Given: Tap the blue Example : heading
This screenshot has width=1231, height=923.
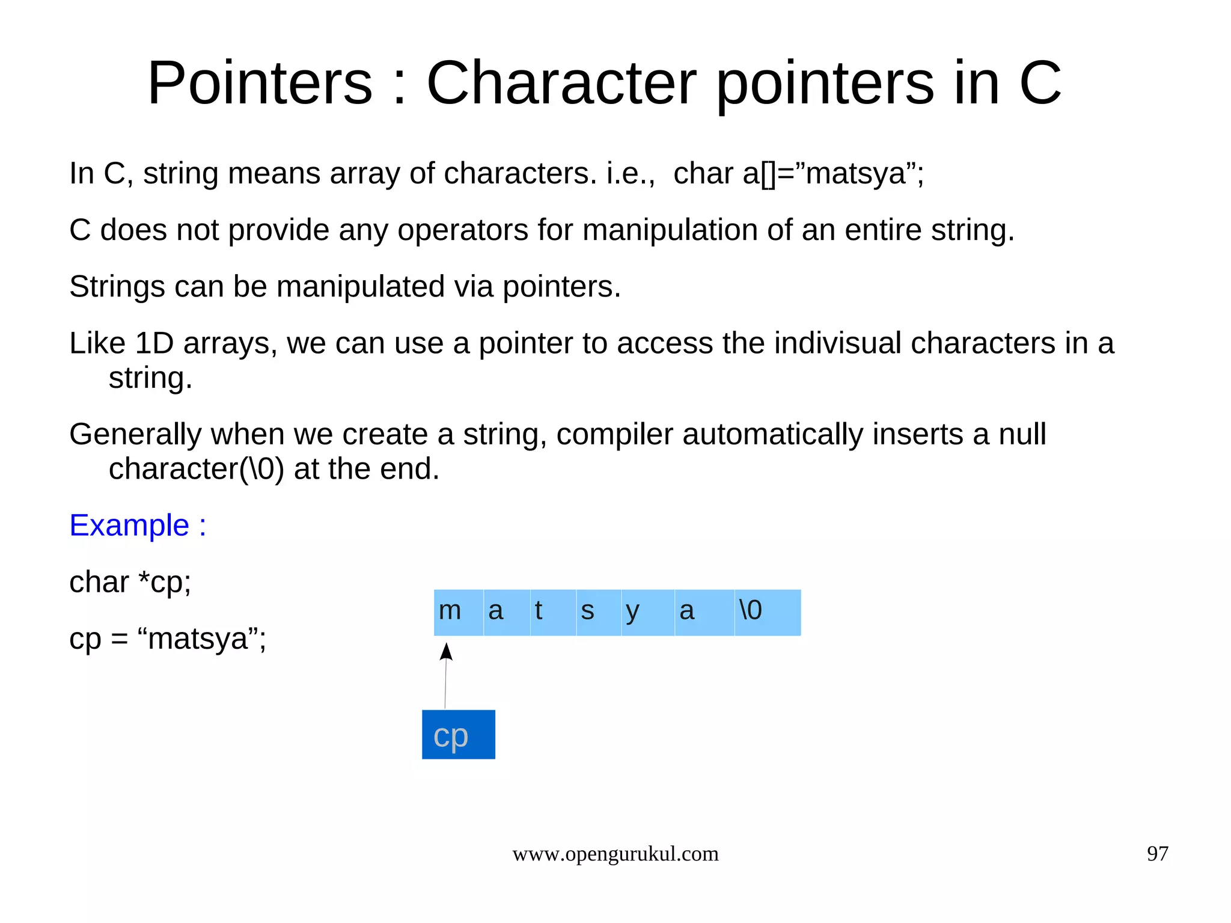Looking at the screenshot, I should coord(138,525).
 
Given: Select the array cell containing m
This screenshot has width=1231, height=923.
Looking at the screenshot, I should coord(459,612).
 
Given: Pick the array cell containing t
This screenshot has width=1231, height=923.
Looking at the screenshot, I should coord(553,612).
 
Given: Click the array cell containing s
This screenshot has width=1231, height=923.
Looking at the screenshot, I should coord(599,612).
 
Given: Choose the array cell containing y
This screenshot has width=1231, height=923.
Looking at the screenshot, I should coord(647,612).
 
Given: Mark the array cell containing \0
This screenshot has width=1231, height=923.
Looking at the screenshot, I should coord(767,612).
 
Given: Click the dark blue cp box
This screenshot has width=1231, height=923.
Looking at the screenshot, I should coord(458,734).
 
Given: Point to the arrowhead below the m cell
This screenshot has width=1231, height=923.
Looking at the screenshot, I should coord(446,652).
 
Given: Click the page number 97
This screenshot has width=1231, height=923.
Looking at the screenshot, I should coord(1157,853).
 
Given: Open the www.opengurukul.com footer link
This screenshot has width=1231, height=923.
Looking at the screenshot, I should coord(615,853).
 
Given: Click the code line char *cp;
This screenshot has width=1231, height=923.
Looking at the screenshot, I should coord(130,581).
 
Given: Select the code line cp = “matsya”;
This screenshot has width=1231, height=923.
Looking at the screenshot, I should coord(167,638).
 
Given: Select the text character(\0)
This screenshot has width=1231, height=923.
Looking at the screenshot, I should coord(196,468).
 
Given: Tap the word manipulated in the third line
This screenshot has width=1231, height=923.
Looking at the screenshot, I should coord(360,286).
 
